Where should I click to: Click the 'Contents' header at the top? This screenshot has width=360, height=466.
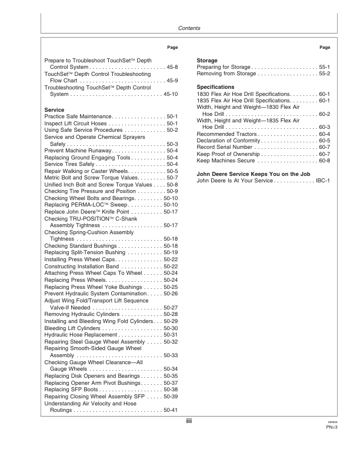click(x=189, y=28)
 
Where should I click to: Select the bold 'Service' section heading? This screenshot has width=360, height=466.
click(x=54, y=110)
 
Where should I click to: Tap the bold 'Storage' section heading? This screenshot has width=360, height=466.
click(x=207, y=61)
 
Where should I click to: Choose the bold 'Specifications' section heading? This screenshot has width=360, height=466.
click(x=215, y=87)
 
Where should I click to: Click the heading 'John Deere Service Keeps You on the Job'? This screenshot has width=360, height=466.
click(x=252, y=174)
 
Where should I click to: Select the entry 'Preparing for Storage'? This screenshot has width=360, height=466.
click(x=224, y=68)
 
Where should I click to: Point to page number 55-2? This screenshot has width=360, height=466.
click(x=324, y=74)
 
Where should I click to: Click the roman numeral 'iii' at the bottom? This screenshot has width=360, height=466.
click(x=189, y=421)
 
